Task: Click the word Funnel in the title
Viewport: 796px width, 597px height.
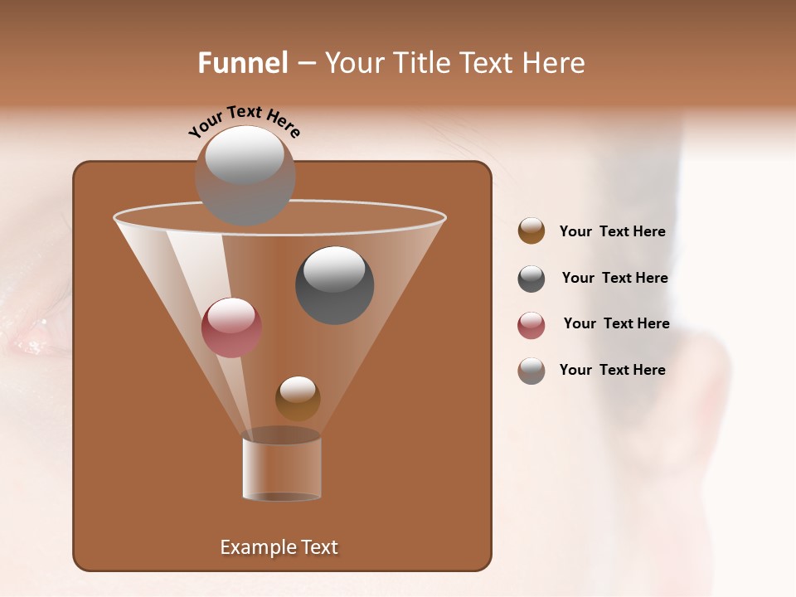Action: pyautogui.click(x=242, y=63)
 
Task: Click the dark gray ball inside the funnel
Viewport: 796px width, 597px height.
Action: pyautogui.click(x=335, y=286)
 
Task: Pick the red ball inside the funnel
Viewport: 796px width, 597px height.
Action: pyautogui.click(x=231, y=328)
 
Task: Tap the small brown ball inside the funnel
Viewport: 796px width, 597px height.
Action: pyautogui.click(x=298, y=399)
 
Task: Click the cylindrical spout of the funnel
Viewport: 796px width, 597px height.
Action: pyautogui.click(x=282, y=468)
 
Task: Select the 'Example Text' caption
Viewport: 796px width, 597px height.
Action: pyautogui.click(x=279, y=547)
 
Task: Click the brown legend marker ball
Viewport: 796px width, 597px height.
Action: pyautogui.click(x=531, y=231)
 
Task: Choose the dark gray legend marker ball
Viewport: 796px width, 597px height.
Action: pyautogui.click(x=531, y=279)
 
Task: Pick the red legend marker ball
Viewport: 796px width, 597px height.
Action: pyautogui.click(x=531, y=325)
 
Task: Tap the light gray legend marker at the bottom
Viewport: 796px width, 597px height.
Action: pyautogui.click(x=531, y=371)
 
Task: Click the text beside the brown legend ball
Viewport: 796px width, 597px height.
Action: pyautogui.click(x=612, y=232)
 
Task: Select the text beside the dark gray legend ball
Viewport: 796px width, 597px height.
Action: pyautogui.click(x=614, y=279)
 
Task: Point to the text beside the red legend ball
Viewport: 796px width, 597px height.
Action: pyautogui.click(x=616, y=324)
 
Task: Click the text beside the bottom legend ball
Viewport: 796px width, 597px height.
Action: pyautogui.click(x=612, y=371)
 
